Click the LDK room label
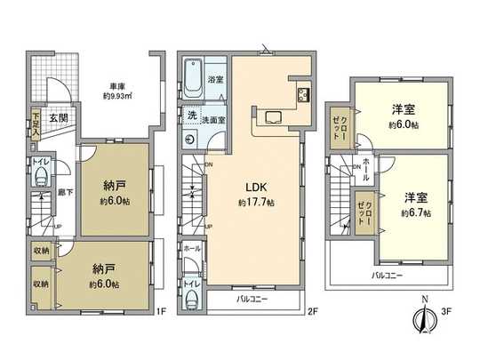tap(255, 188)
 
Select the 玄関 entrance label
tap(57, 116)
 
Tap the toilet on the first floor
tap(40, 176)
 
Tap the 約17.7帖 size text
tap(255, 203)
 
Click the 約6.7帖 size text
tap(415, 213)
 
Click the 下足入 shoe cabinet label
tap(36, 121)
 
